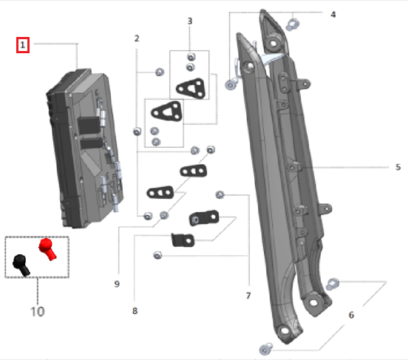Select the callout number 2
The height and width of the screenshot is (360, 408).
point(136,38)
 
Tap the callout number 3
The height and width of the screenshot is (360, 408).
point(189,21)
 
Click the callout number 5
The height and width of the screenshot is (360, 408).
point(398,167)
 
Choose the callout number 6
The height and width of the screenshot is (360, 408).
point(351,315)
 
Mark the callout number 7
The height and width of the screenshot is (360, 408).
point(248,296)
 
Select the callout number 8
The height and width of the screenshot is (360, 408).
point(135,311)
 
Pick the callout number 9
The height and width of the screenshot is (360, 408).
point(117,283)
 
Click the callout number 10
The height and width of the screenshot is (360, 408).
point(37,311)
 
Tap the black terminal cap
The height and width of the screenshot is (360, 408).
point(21,263)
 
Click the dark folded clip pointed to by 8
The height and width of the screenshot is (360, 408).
point(183,240)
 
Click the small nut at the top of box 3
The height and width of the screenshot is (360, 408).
point(191,57)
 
